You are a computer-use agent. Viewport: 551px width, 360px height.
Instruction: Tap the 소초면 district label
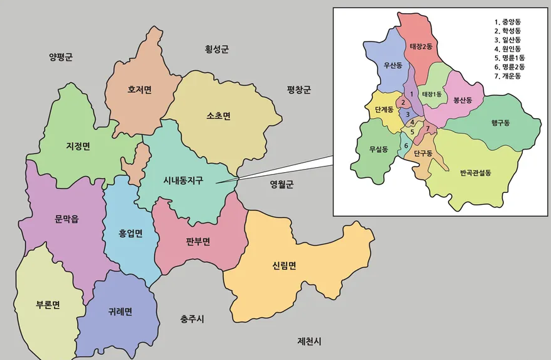[218, 116]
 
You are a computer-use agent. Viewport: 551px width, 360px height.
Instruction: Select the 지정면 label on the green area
[78, 146]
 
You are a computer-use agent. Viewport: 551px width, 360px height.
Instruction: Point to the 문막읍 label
[66, 219]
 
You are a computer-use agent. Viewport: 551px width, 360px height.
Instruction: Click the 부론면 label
[48, 305]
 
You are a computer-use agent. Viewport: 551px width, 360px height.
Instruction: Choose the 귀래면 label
[120, 312]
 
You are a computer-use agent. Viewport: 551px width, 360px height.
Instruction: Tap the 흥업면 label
[131, 234]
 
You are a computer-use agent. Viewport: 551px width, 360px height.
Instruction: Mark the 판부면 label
[197, 241]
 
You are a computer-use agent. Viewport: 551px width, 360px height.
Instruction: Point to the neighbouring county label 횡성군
[217, 48]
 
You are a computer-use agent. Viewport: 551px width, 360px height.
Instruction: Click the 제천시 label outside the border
[309, 341]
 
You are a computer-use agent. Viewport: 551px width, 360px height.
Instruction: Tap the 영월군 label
[282, 184]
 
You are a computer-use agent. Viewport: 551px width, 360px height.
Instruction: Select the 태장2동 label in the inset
[422, 46]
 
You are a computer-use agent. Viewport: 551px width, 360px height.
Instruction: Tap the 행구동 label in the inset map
[501, 123]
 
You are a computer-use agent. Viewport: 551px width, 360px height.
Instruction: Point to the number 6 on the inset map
[406, 146]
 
